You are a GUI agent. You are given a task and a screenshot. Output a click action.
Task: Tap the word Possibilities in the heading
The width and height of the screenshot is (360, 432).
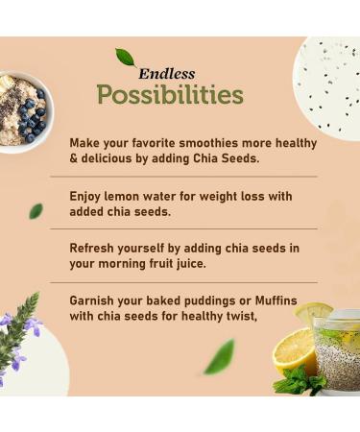point(170,95)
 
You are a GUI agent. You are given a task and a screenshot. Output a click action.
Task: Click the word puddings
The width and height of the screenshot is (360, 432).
point(214,300)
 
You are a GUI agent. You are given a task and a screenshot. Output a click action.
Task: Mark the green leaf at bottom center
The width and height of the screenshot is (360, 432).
point(219,356)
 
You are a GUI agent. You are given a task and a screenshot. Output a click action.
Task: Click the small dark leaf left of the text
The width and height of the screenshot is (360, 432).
point(36,210)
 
